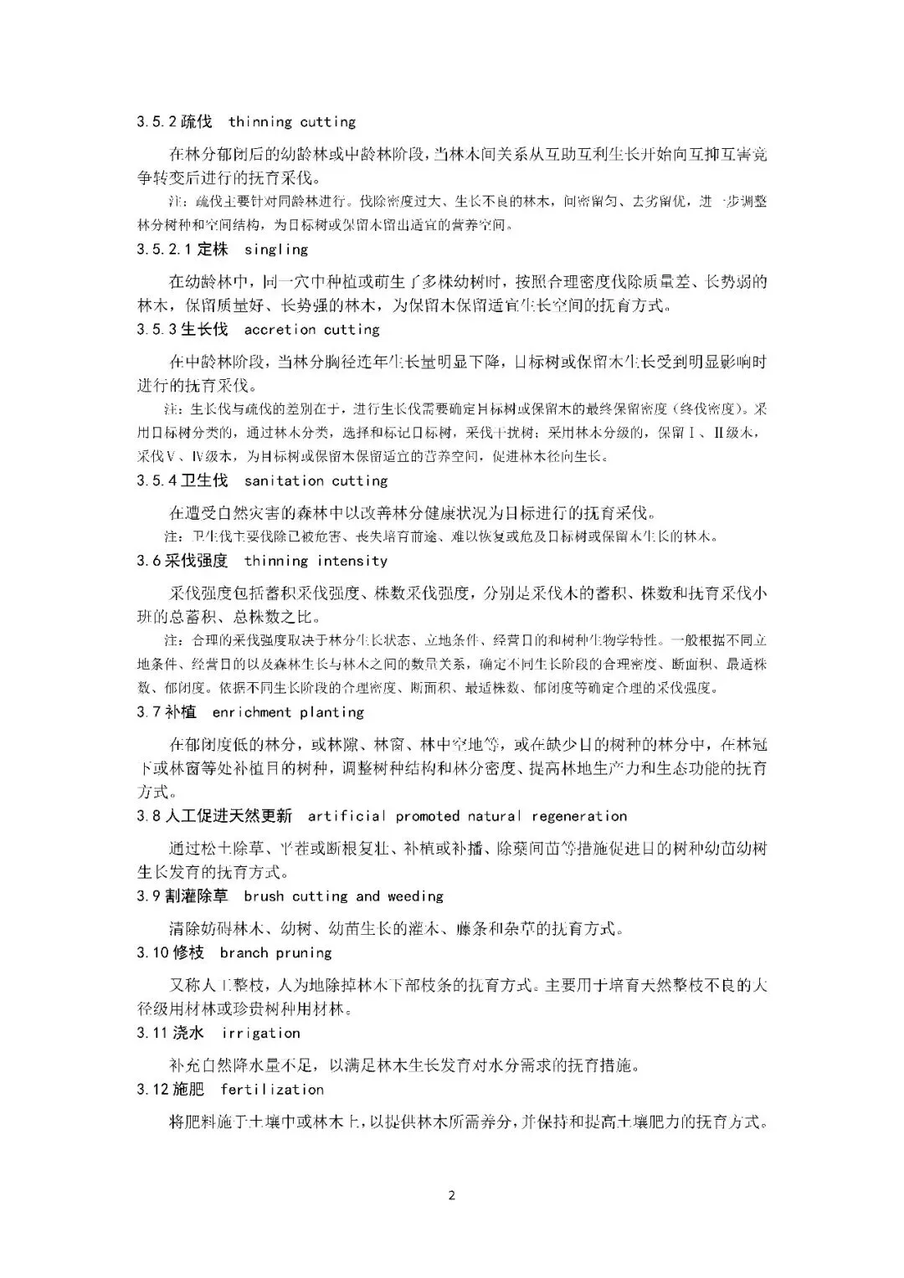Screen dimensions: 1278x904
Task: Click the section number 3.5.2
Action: [157, 122]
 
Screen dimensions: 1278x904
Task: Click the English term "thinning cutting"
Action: [291, 122]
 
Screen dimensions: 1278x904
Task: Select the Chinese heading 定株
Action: [213, 249]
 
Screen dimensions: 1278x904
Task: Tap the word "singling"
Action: [276, 249]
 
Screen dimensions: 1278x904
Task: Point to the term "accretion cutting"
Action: [311, 330]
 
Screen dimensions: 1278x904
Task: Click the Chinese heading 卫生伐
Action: [204, 480]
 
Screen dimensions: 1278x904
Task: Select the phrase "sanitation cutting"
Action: [316, 480]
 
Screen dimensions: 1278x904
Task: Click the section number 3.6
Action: [149, 561]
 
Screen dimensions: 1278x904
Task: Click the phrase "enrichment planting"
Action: [288, 712]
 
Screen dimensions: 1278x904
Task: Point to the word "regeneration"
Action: [579, 816]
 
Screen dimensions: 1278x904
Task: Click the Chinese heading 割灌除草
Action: [197, 896]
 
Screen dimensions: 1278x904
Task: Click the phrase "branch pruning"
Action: [275, 953]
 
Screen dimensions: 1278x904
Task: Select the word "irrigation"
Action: [260, 1033]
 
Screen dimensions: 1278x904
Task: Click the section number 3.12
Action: [153, 1090]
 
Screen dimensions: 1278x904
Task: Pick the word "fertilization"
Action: [272, 1090]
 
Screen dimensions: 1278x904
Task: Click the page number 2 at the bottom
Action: [452, 1195]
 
